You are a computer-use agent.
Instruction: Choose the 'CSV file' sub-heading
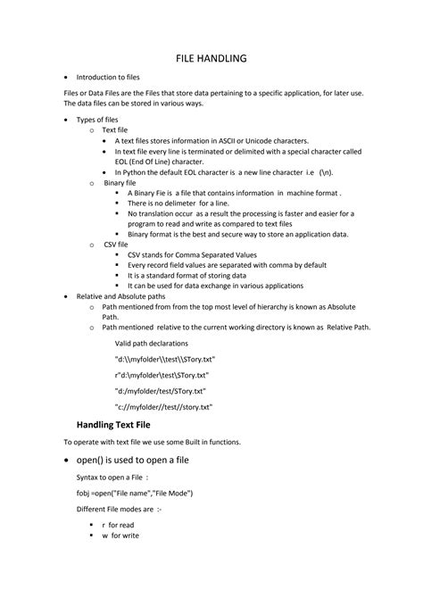click(x=116, y=244)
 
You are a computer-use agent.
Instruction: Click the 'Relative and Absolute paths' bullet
click(x=120, y=295)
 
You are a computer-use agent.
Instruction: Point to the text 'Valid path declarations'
click(x=152, y=343)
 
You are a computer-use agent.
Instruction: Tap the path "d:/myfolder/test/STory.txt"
click(x=161, y=390)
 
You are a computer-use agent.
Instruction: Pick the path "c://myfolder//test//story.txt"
click(x=163, y=406)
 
